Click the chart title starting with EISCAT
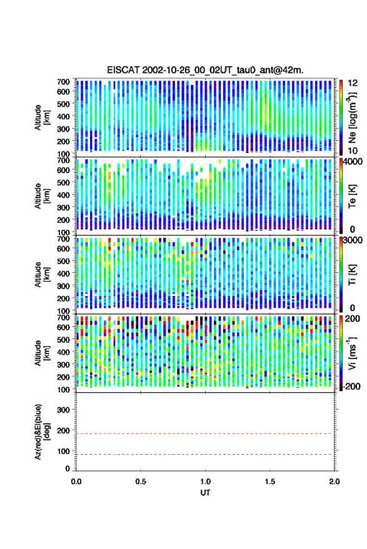pyautogui.click(x=205, y=70)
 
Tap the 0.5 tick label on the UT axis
pyautogui.click(x=141, y=482)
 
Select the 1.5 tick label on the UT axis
pyautogui.click(x=270, y=482)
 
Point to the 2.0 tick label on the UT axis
pyautogui.click(x=334, y=482)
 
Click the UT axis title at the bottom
pyautogui.click(x=205, y=493)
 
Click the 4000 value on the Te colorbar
pyautogui.click(x=353, y=162)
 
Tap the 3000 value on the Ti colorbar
pyautogui.click(x=353, y=240)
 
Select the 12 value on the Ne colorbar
pyautogui.click(x=353, y=83)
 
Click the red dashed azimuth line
pyautogui.click(x=205, y=433)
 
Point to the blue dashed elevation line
pyautogui.click(x=205, y=455)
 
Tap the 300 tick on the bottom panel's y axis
pyautogui.click(x=63, y=410)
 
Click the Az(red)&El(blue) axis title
pyautogui.click(x=42, y=432)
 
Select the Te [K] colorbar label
pyautogui.click(x=352, y=196)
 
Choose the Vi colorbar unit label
pyautogui.click(x=352, y=353)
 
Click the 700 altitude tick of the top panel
pyautogui.click(x=63, y=82)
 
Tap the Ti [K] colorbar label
pyautogui.click(x=352, y=275)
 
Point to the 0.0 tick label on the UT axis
pyautogui.click(x=76, y=482)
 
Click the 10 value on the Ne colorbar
pyautogui.click(x=353, y=151)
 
